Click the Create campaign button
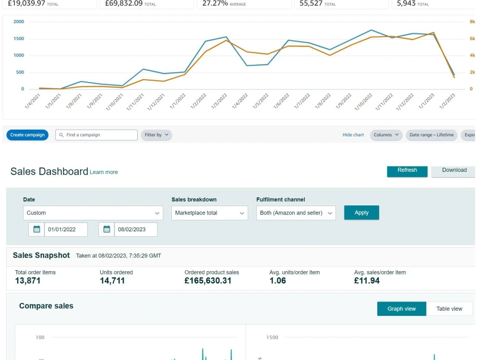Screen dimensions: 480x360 coord(27,135)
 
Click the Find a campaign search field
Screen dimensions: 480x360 coord(96,135)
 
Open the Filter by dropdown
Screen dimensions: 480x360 coord(156,135)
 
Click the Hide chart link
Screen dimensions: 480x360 coord(353,135)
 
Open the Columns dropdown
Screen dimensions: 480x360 coord(386,135)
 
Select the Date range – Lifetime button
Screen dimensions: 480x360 coord(432,135)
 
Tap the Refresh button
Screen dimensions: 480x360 coord(407,171)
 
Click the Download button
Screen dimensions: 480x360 coord(454,171)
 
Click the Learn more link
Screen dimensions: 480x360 coord(104,172)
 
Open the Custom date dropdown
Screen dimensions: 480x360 coord(93,213)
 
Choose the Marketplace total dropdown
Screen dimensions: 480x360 coord(210,213)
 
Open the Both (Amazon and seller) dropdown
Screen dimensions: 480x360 coord(296,213)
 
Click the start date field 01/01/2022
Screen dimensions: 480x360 coord(66,229)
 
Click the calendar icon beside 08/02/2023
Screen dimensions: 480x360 coord(107,229)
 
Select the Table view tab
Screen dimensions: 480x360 coord(449,309)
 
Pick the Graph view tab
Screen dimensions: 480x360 coord(402,309)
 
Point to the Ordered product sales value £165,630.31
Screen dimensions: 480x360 coord(208,281)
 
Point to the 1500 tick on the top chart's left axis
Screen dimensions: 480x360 coord(19,38)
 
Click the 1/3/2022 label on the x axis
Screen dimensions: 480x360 coord(219,101)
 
